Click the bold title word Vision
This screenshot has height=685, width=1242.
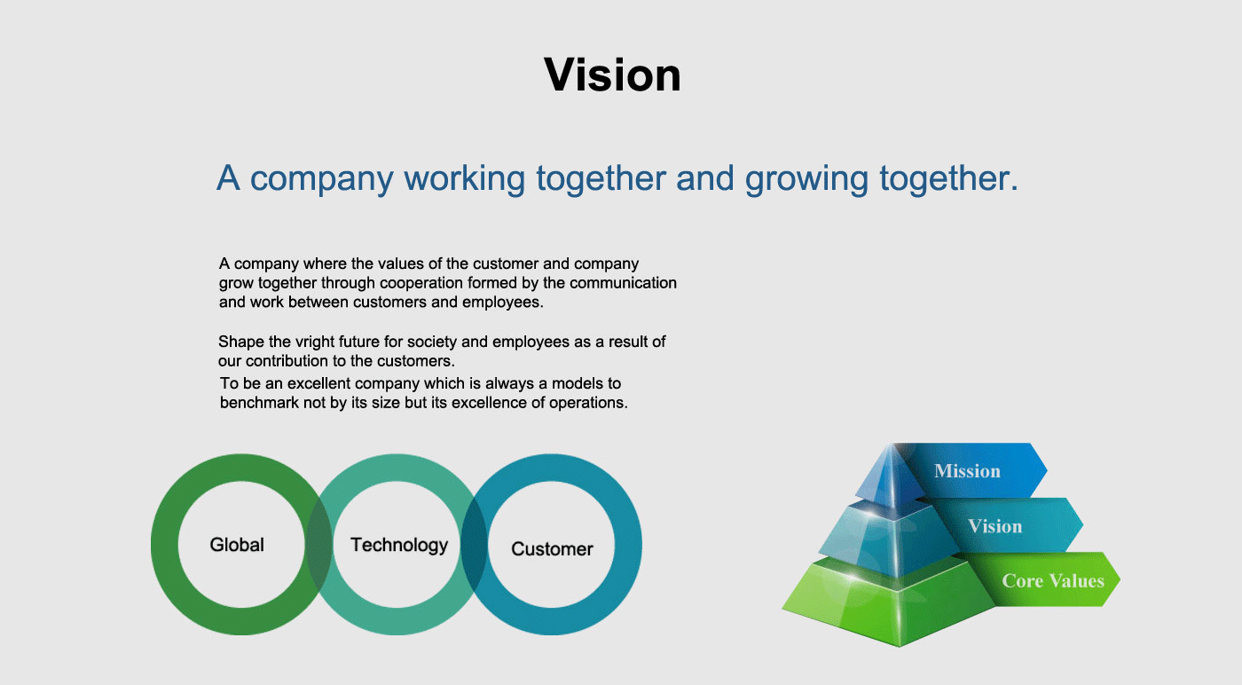pos(612,75)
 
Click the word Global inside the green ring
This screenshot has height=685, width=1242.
pos(237,545)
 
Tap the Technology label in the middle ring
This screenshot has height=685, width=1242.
pos(399,545)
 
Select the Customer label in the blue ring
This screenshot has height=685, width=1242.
pos(552,548)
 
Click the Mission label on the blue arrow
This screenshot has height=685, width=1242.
pos(968,471)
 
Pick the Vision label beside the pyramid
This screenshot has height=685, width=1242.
pos(995,526)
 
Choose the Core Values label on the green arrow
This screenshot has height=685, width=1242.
pos(1053,580)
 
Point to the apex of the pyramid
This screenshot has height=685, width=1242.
pos(892,444)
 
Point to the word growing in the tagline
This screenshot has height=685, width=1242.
pos(806,178)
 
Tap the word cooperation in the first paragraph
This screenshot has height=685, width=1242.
pos(421,283)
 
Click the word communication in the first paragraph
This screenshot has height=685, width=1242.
pos(623,283)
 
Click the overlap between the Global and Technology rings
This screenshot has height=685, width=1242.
pos(319,545)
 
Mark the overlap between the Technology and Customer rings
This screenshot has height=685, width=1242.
pos(474,545)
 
